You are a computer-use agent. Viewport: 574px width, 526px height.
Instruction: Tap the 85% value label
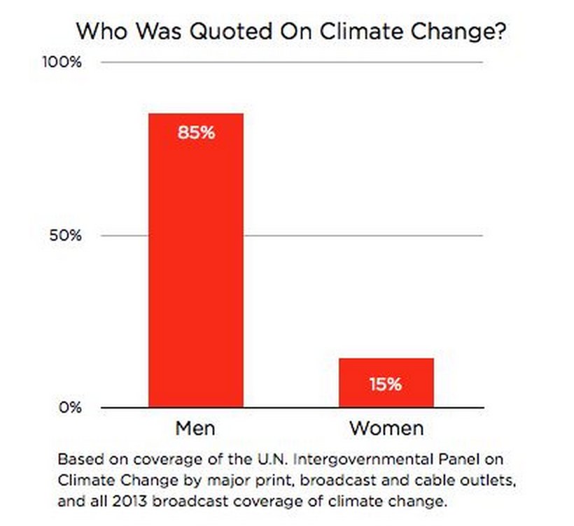[195, 132]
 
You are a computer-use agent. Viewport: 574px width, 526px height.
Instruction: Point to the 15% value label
[386, 384]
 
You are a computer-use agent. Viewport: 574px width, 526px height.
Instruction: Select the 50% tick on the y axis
[66, 236]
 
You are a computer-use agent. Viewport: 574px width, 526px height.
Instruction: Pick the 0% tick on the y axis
[70, 408]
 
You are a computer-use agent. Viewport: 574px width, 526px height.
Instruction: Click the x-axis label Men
[195, 428]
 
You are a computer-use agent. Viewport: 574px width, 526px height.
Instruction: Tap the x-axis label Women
[386, 428]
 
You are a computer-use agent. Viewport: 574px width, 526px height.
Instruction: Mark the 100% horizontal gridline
[294, 63]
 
